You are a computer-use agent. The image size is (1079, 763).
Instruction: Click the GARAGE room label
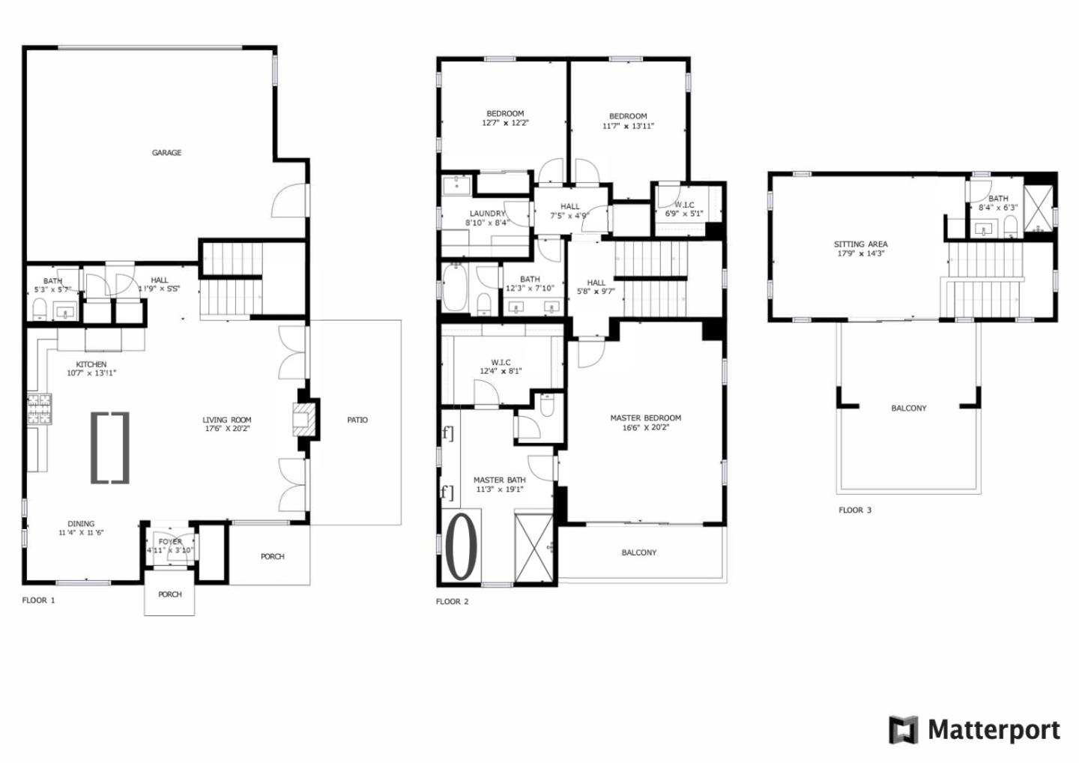166,153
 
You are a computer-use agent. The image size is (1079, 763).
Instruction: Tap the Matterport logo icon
903,730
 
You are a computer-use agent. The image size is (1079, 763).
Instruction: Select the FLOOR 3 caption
854,510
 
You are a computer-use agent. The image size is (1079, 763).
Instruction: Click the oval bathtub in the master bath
462,546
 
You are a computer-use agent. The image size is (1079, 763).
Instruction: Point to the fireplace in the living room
303,420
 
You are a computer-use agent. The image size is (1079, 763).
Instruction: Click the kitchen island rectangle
110,447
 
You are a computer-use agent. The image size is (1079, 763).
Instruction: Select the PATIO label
357,420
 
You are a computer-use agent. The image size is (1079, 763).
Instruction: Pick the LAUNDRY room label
487,214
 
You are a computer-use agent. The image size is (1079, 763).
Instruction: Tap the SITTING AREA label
860,244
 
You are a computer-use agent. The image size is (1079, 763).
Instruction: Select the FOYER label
170,542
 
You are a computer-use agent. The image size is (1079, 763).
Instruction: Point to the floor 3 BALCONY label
908,408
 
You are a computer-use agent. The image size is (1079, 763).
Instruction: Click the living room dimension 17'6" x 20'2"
227,429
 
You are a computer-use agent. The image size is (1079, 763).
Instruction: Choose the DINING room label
81,524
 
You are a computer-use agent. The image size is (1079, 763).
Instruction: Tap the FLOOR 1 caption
38,600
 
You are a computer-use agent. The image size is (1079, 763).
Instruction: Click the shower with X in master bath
534,547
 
